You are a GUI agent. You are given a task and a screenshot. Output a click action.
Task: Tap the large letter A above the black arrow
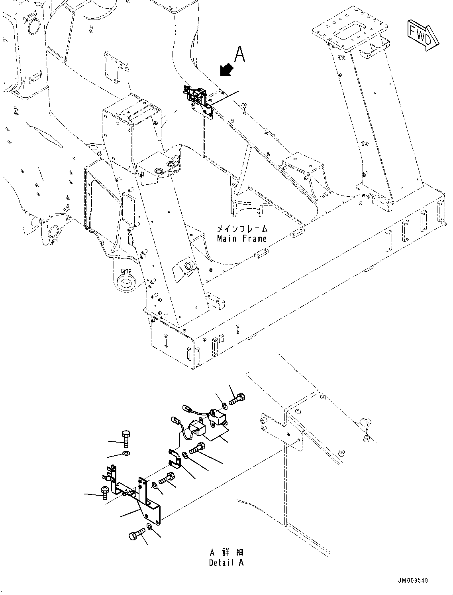[239, 54]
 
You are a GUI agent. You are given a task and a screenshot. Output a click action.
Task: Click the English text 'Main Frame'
[242, 239]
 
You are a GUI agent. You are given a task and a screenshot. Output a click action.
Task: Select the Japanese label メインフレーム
[242, 229]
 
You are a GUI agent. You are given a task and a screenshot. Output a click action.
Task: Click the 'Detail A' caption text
[226, 563]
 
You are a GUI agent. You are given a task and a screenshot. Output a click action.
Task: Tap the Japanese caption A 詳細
[226, 553]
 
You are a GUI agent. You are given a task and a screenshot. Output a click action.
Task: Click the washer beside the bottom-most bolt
[149, 527]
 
